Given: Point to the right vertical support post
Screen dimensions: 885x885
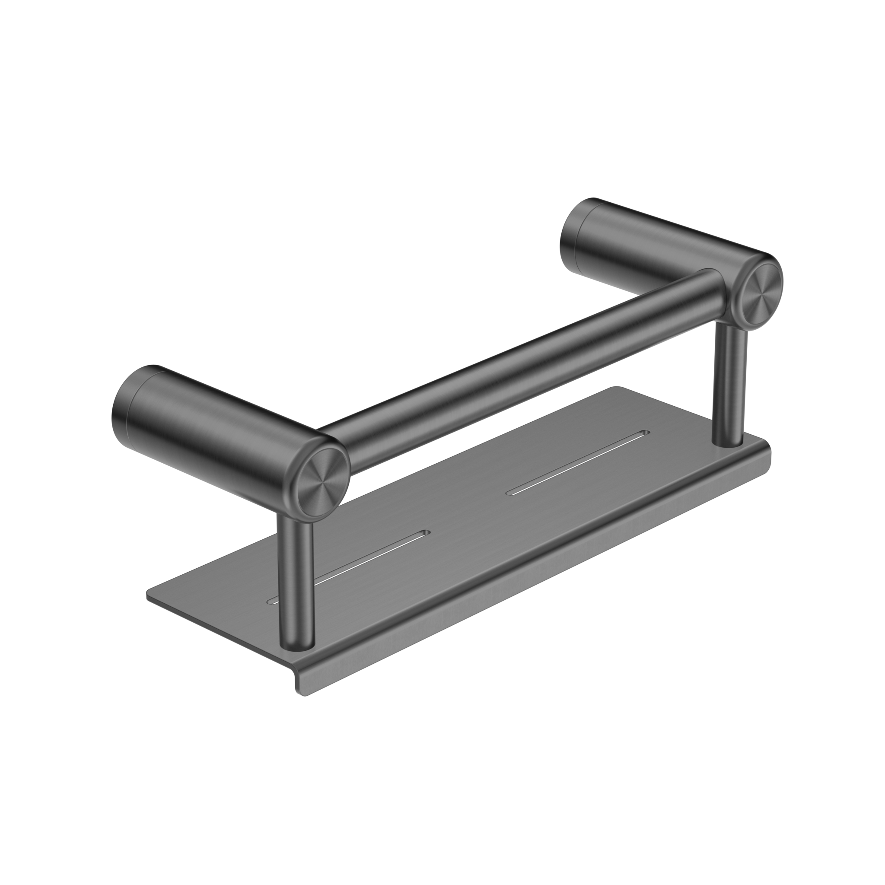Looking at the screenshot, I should (730, 385).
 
